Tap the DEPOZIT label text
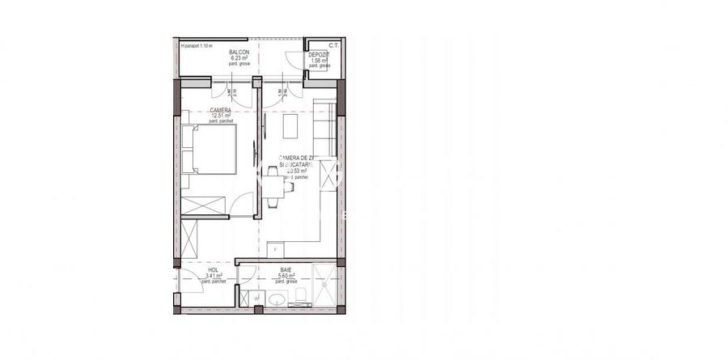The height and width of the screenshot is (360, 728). tap(319, 54)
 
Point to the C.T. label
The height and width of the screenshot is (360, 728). tap(333, 46)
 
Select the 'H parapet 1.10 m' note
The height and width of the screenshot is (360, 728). tap(197, 46)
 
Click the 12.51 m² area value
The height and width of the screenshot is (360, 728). tap(221, 116)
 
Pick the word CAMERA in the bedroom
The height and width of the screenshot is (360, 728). tap(220, 110)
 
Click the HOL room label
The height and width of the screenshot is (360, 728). tap(214, 270)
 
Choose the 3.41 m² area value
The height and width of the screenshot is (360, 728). tap(214, 276)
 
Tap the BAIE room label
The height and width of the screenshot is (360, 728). tap(286, 270)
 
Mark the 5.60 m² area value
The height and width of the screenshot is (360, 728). tap(286, 276)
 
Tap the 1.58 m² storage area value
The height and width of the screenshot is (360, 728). tap(318, 60)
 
